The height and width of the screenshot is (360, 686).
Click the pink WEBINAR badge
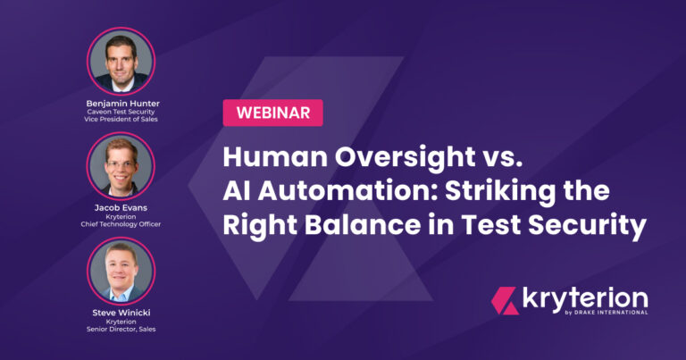(273, 113)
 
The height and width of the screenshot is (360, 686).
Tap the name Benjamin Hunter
(123, 104)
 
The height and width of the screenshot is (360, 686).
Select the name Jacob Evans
(121, 208)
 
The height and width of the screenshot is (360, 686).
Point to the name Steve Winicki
(121, 313)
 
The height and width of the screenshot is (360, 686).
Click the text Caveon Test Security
(121, 112)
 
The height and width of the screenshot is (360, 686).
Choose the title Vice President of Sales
(121, 119)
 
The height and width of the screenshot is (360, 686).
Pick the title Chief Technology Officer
(121, 224)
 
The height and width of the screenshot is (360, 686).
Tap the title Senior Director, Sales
(121, 329)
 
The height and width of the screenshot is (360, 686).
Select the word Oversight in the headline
(406, 157)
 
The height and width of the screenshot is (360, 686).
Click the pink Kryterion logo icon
(505, 300)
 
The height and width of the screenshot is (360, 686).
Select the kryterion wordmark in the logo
(585, 299)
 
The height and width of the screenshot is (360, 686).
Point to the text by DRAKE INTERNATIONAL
(607, 313)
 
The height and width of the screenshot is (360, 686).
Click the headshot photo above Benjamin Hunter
(121, 62)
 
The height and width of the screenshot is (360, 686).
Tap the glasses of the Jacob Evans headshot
(120, 164)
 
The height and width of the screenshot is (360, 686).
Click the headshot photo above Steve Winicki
(121, 271)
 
